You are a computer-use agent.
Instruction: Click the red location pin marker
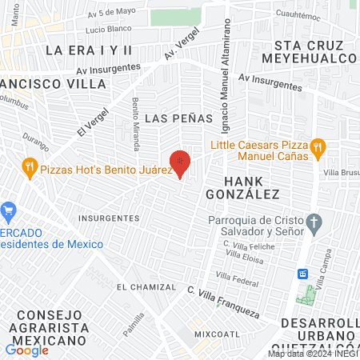(x=180, y=163)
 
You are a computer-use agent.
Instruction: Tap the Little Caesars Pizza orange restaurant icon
(x=318, y=146)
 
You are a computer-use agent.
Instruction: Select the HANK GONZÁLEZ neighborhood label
(x=242, y=187)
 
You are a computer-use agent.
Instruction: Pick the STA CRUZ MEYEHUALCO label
(x=314, y=51)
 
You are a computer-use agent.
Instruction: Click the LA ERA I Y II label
(x=88, y=50)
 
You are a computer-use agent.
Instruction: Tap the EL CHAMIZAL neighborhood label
(x=146, y=286)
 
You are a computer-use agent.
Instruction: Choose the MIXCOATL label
(x=216, y=332)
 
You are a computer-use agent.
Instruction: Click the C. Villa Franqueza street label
(x=224, y=301)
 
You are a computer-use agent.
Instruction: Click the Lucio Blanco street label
(x=107, y=29)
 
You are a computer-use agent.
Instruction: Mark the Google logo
(x=26, y=350)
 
